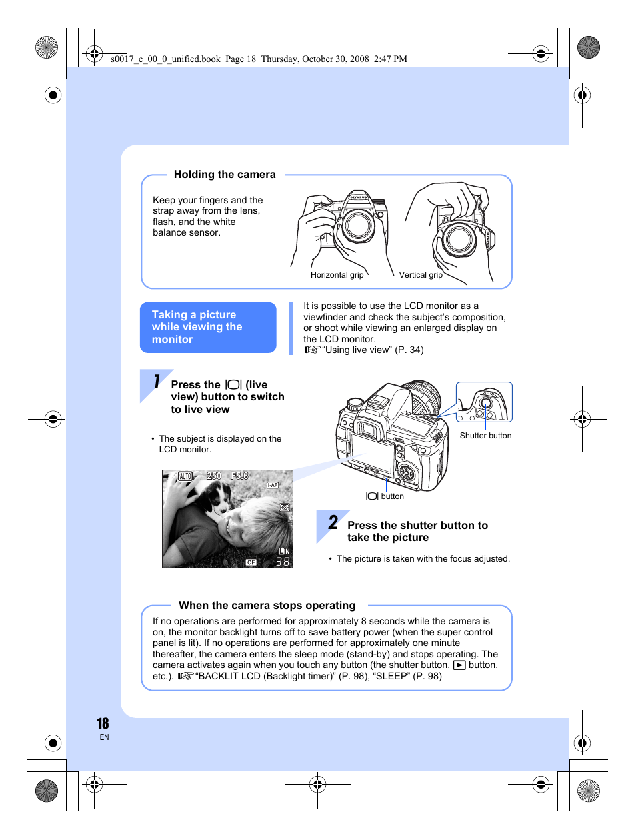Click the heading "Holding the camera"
(x=225, y=175)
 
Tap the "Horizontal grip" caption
(x=337, y=275)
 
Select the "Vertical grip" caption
(x=420, y=275)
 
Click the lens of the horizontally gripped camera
(x=359, y=226)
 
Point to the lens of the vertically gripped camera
(x=459, y=238)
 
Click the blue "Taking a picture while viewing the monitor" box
(x=208, y=327)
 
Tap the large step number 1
(x=156, y=382)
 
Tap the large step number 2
(x=333, y=522)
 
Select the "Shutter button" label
(x=485, y=436)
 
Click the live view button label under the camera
(x=385, y=496)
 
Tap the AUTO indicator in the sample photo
(x=185, y=476)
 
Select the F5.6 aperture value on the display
(x=239, y=476)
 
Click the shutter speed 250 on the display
(x=214, y=476)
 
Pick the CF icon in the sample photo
(x=251, y=562)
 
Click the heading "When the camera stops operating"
(x=267, y=606)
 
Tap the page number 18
(x=103, y=723)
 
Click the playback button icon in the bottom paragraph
(x=459, y=665)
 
